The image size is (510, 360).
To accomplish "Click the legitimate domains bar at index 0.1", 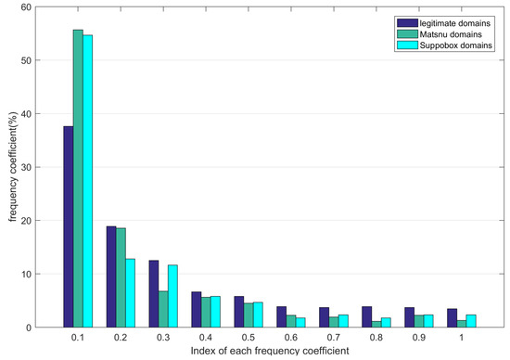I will pos(68,227).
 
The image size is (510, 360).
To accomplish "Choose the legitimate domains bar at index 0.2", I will pos(110,276).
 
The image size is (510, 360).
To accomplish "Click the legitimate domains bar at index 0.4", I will pos(196,310).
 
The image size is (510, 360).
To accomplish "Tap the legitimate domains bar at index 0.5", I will pos(238,312).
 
